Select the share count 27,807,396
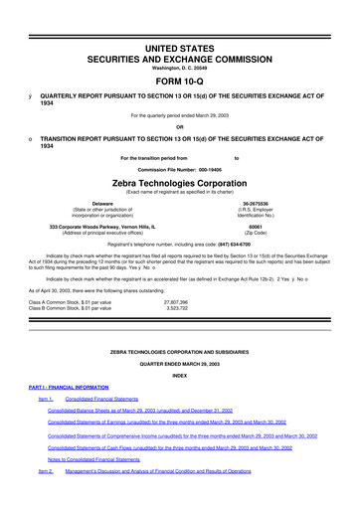175,300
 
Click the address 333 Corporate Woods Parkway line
108,226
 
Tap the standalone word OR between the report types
179,124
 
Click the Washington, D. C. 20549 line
179,40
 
